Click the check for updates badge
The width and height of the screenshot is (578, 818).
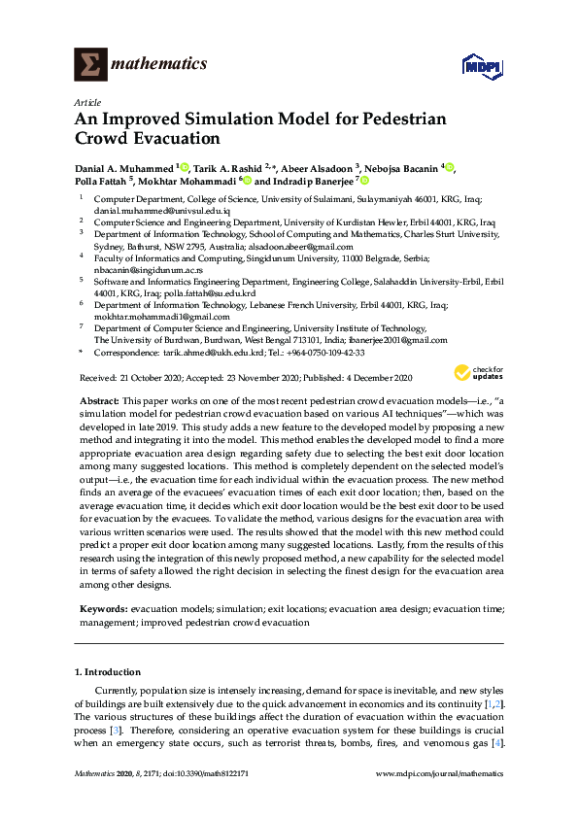click(479, 373)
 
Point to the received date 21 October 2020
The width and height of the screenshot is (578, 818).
click(152, 377)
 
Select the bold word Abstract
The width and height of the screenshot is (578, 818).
click(98, 401)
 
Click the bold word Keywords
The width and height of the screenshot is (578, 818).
click(103, 607)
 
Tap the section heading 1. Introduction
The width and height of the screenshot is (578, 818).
click(108, 671)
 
